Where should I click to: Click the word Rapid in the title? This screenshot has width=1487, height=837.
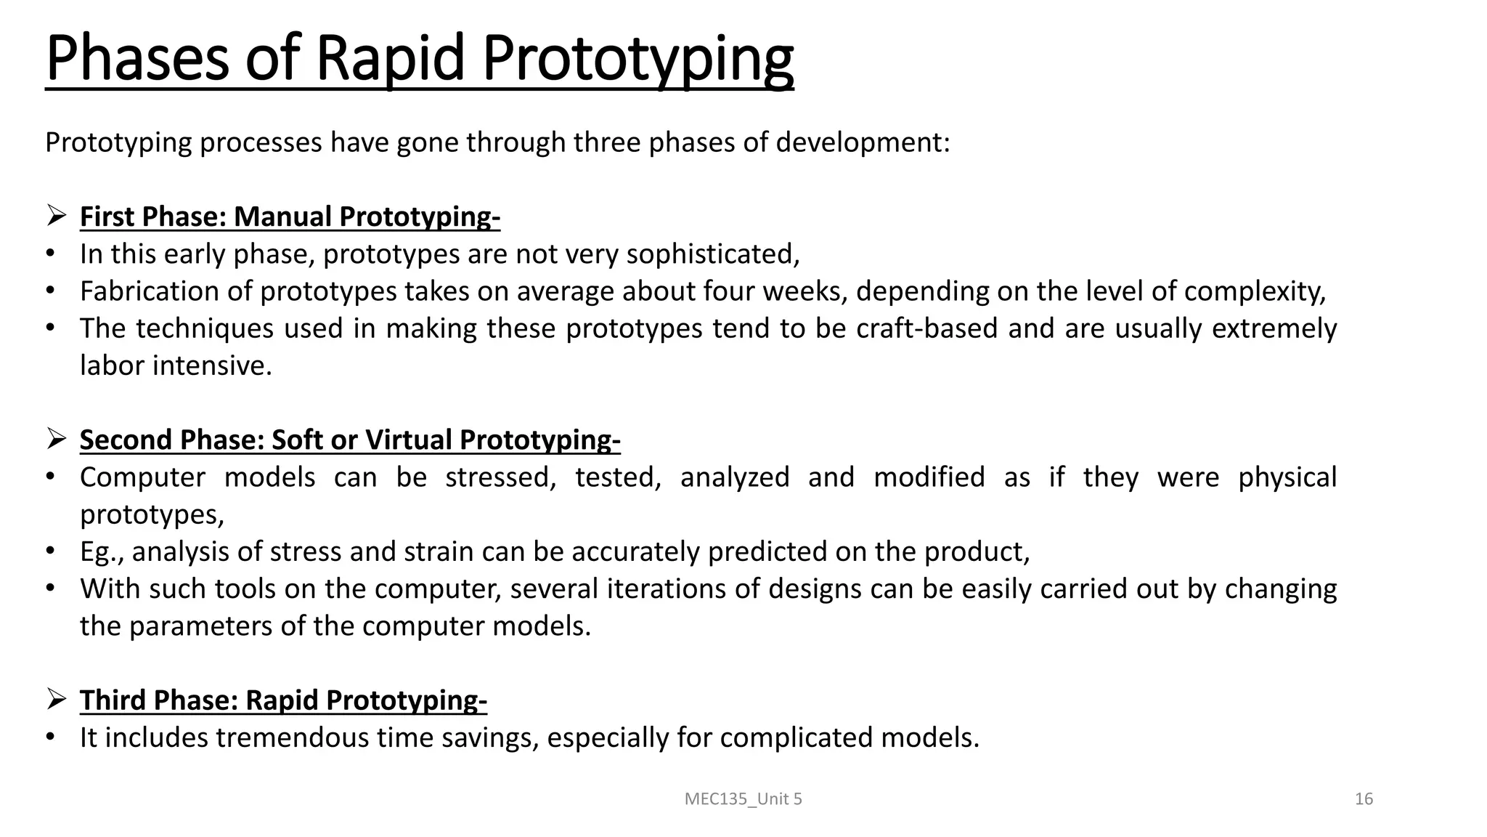(390, 58)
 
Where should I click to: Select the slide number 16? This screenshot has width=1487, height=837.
(1364, 799)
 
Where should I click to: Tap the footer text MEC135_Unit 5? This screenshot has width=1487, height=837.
(743, 799)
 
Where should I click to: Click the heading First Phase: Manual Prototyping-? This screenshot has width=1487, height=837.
(290, 217)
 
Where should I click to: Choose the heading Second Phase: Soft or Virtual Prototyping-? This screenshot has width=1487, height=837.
(350, 440)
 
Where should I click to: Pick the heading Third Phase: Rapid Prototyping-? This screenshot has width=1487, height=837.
(283, 700)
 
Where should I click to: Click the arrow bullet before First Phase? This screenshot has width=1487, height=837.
(57, 216)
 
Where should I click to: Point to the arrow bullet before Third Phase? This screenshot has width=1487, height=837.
(57, 699)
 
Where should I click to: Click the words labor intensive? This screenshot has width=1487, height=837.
(176, 365)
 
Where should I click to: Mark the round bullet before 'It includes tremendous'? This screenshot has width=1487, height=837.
(50, 737)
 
